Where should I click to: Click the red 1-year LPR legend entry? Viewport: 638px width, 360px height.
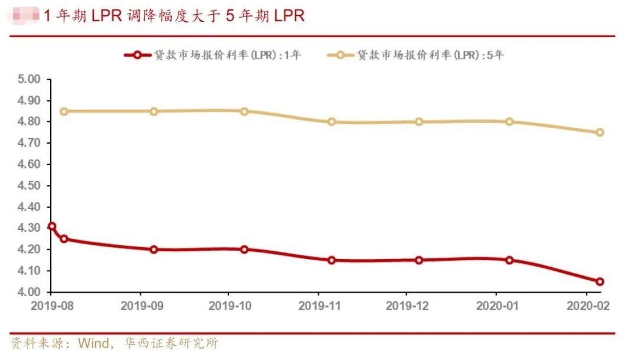(213, 56)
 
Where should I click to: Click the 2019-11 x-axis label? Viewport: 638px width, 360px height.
(318, 307)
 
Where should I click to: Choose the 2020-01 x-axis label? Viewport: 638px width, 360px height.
(496, 307)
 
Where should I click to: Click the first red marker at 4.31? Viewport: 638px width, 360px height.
(51, 226)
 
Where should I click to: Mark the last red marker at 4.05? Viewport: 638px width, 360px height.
(600, 281)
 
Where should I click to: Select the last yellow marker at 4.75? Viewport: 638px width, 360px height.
(600, 132)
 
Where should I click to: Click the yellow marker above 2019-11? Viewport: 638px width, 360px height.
(331, 122)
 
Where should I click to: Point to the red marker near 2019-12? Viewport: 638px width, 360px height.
(419, 260)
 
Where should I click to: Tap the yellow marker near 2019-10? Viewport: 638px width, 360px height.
(244, 111)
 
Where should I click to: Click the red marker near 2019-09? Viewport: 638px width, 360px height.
(154, 249)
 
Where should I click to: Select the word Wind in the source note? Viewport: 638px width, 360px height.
(95, 343)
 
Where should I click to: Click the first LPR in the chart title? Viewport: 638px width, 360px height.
(106, 16)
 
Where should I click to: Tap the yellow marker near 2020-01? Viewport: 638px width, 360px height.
(509, 122)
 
